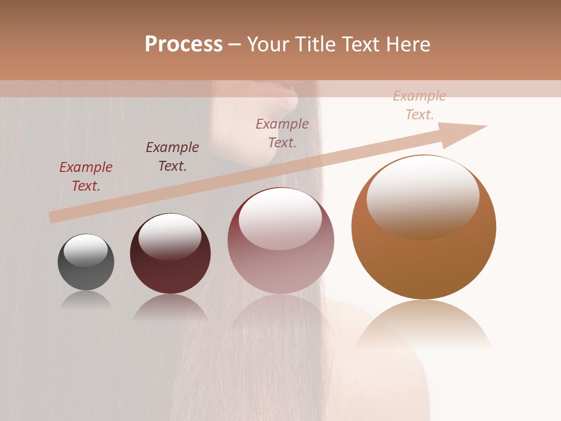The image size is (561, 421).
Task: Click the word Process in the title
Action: pos(183,44)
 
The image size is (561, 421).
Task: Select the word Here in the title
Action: pos(407,44)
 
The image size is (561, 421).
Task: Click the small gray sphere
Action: pos(86,263)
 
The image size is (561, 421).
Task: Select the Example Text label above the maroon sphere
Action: pos(172,157)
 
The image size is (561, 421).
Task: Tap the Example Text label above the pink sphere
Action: pos(282,133)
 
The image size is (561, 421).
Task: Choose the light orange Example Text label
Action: pos(420,105)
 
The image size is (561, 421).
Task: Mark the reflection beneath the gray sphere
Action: pos(86,301)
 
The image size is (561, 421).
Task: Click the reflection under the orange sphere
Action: pos(424,325)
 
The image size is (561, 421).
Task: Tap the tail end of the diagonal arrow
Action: pos(54,218)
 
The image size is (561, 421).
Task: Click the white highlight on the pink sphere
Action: pos(280,218)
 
